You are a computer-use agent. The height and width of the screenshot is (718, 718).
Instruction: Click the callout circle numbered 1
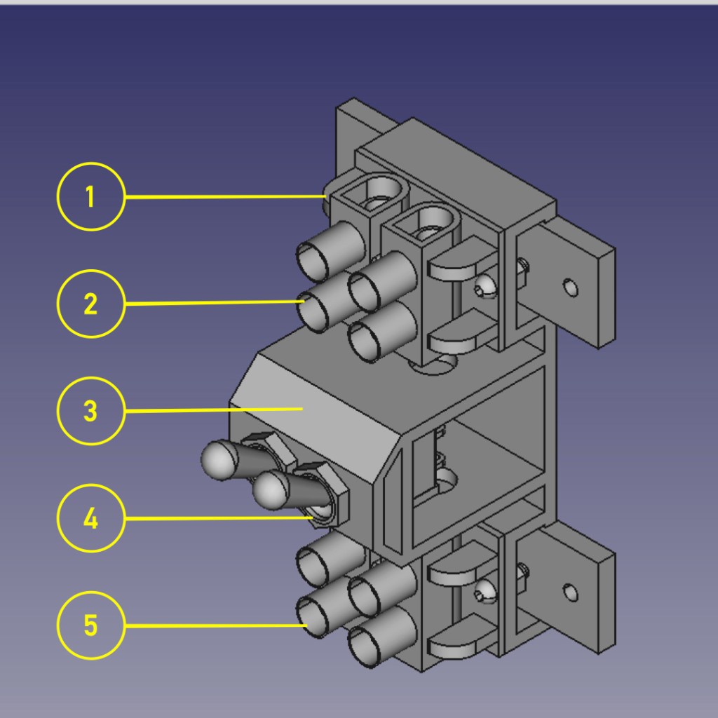(90, 197)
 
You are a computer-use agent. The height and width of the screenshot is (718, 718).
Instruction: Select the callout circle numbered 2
(90, 304)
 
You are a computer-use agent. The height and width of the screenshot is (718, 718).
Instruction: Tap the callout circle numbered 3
(90, 411)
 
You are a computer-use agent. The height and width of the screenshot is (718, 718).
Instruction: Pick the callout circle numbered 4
(90, 518)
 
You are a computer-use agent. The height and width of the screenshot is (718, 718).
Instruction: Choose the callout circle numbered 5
(90, 625)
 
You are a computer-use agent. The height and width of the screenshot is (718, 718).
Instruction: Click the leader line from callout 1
(224, 197)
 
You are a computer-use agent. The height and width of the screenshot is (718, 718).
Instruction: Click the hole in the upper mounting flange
(570, 287)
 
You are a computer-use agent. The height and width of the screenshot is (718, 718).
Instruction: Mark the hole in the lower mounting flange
(570, 594)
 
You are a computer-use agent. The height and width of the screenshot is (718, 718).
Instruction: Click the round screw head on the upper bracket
(484, 286)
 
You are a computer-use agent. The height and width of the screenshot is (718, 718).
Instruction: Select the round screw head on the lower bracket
(483, 592)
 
